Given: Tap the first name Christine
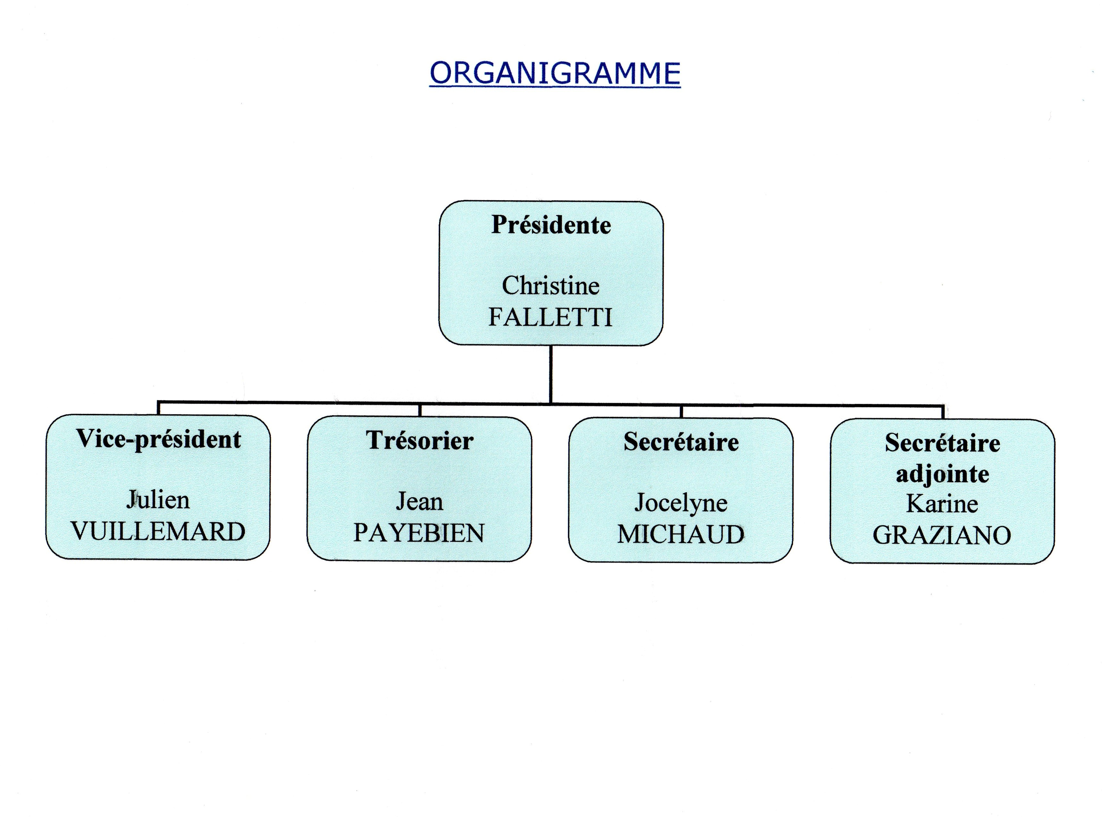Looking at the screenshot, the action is click(x=551, y=286).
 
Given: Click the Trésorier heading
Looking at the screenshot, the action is click(x=420, y=440).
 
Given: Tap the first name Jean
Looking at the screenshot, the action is click(x=420, y=501).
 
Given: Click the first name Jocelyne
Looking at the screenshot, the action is click(x=681, y=503).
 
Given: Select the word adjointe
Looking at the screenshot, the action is click(x=943, y=474).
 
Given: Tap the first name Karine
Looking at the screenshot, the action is click(x=942, y=504).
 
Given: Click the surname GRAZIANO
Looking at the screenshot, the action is click(x=942, y=535).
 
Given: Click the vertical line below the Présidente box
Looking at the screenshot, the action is click(x=551, y=374).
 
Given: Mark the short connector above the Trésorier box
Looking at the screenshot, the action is click(x=420, y=410).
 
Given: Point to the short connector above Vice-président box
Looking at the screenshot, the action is click(x=158, y=408).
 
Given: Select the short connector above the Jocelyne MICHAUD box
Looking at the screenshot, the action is click(x=681, y=411).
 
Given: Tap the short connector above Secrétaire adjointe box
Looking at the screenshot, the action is click(x=943, y=412).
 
